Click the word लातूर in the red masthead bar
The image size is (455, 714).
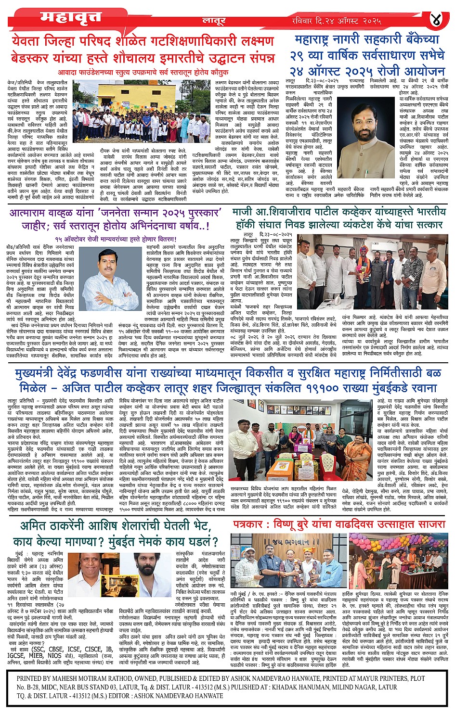215,21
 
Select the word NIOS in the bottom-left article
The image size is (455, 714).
54,655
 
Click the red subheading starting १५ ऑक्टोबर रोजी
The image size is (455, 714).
116,239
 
